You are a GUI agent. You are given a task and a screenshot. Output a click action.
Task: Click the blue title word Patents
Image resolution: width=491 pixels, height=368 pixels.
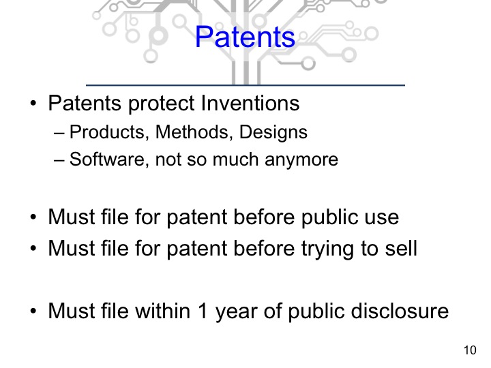(x=245, y=37)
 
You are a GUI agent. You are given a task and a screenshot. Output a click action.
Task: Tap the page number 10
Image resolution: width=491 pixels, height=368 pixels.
(x=469, y=351)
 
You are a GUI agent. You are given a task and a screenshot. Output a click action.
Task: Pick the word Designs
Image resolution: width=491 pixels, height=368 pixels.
(x=271, y=132)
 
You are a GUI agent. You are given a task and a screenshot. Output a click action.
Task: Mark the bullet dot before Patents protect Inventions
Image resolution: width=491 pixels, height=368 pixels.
(x=33, y=105)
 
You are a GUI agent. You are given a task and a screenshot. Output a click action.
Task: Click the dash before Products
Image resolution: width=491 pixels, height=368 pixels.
(x=59, y=133)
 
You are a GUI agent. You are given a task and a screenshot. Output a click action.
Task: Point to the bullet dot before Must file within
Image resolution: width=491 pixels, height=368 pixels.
(x=33, y=313)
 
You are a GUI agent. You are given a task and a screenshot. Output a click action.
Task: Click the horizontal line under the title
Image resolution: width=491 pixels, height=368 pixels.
(x=245, y=85)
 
